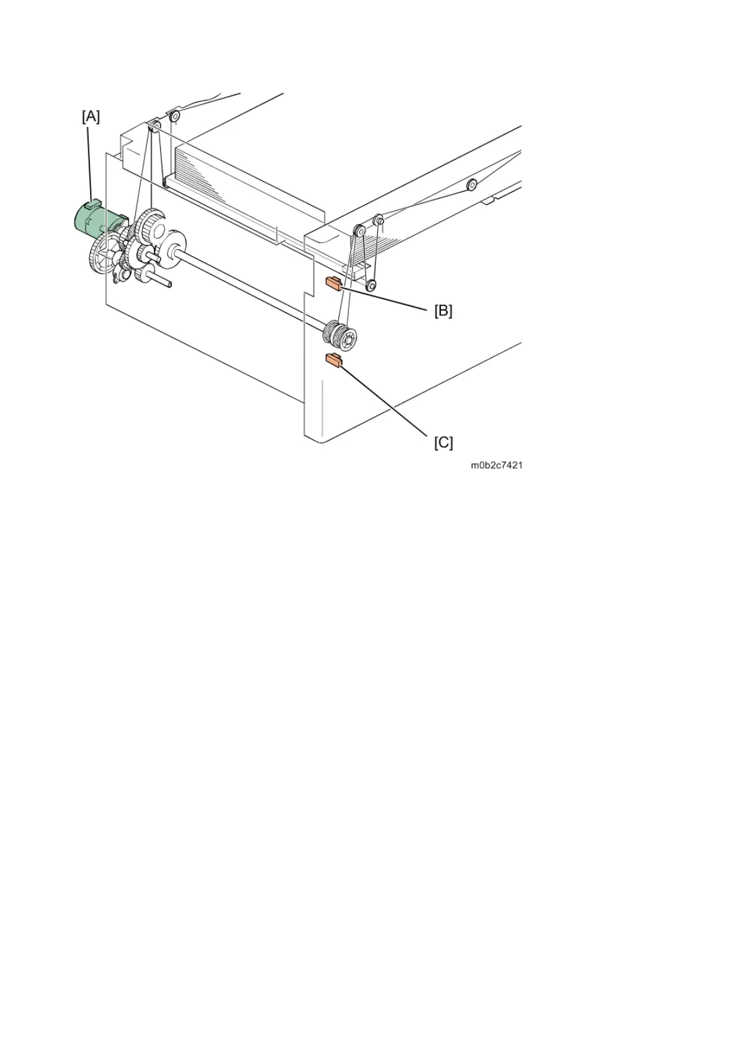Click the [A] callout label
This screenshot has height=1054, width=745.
point(91,116)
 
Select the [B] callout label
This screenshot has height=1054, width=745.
point(443,310)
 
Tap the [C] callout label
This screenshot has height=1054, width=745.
point(443,443)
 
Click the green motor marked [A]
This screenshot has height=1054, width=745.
point(94,219)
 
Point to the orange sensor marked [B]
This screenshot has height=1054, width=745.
point(332,284)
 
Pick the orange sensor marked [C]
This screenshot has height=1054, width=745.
point(332,359)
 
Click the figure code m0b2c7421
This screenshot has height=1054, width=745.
point(497,466)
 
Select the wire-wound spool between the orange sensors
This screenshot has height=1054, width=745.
point(340,337)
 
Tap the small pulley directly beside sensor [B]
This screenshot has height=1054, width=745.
point(370,285)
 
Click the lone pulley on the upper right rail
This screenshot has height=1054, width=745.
point(472,184)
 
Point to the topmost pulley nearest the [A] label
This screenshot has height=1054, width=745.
point(175,115)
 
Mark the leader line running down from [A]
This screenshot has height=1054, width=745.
point(92,163)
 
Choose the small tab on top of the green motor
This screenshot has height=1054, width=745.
point(93,203)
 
